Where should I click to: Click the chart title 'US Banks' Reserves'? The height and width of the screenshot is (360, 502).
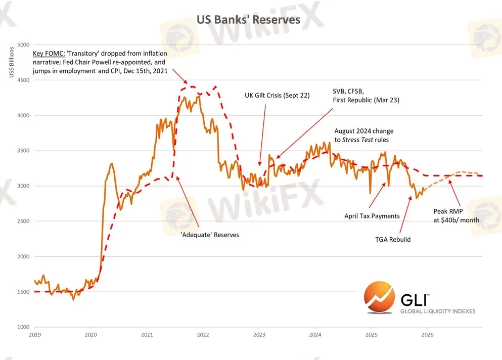point(248,19)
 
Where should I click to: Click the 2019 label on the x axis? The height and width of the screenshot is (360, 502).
point(34,335)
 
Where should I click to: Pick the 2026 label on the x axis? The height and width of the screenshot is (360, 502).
point(427,335)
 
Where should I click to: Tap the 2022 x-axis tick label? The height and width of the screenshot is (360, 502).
point(203,335)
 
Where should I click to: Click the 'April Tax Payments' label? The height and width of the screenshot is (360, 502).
point(372,216)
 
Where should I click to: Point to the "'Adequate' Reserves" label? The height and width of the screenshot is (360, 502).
point(210,235)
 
